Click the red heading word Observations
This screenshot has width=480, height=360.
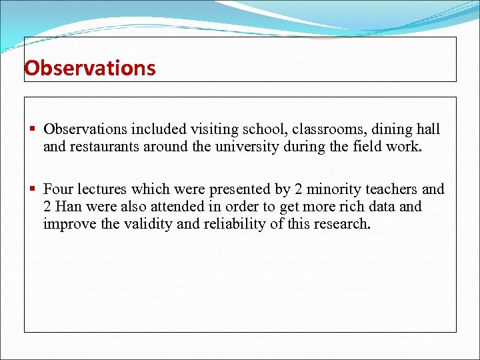(x=90, y=68)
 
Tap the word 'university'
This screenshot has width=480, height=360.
(x=245, y=146)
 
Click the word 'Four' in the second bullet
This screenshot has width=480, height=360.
(x=59, y=190)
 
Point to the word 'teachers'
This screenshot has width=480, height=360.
(x=392, y=190)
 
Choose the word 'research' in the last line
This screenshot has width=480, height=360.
(x=341, y=223)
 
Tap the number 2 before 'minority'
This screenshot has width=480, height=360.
(x=299, y=190)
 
